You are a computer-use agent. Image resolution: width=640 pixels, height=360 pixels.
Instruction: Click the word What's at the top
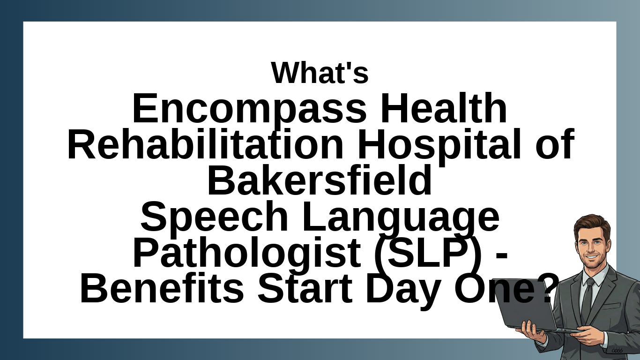pos(320,73)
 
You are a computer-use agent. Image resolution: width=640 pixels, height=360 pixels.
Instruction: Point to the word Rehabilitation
pos(205,144)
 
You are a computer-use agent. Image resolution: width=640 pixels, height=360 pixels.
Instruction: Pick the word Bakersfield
pos(320,180)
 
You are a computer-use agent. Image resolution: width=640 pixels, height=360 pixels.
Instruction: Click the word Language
pos(401,219)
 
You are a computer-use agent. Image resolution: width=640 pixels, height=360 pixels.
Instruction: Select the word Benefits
pos(162,288)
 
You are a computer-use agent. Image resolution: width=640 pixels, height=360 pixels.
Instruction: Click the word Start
pos(305,288)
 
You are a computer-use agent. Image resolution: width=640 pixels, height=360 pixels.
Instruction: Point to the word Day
pos(403,291)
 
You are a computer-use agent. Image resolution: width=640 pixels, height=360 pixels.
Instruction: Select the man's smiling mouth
pos(591,257)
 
